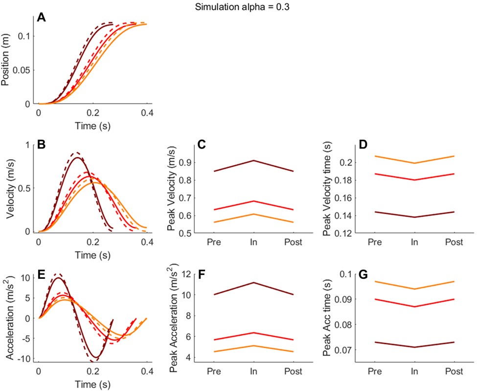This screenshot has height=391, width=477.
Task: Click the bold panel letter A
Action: [42, 18]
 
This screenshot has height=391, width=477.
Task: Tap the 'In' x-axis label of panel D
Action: [414, 242]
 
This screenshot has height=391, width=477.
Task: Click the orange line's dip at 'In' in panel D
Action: [414, 163]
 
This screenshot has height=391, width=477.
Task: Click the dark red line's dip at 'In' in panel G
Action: [414, 347]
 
